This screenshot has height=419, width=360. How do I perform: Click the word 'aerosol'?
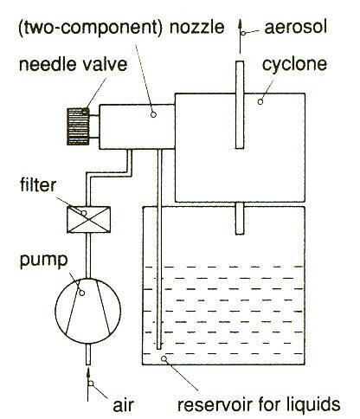coord(296,27)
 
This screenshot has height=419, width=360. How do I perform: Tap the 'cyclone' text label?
coord(294,65)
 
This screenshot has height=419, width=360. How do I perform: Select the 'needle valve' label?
coord(73,64)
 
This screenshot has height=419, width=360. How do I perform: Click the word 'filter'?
coord(38,184)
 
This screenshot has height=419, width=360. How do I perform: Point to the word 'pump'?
coord(43,261)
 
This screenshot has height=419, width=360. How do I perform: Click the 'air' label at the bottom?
coord(123,405)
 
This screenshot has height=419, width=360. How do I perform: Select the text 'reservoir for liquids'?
coord(259,404)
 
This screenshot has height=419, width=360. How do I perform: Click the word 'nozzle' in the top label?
coord(197,27)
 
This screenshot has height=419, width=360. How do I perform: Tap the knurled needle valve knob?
coord(78,126)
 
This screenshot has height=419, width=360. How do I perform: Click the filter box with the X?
coord(88,220)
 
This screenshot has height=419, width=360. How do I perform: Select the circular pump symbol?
coord(88,311)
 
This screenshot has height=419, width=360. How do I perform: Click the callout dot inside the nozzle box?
coord(153,114)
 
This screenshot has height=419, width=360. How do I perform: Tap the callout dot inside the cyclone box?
coord(260,101)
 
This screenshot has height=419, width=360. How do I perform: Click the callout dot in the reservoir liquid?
coord(164,358)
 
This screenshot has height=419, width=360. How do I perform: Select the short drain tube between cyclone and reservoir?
coord(240,218)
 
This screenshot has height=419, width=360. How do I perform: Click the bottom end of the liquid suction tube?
coord(159,349)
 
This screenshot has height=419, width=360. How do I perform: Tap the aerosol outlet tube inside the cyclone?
coord(240,105)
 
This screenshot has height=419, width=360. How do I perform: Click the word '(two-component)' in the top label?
coord(90,28)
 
